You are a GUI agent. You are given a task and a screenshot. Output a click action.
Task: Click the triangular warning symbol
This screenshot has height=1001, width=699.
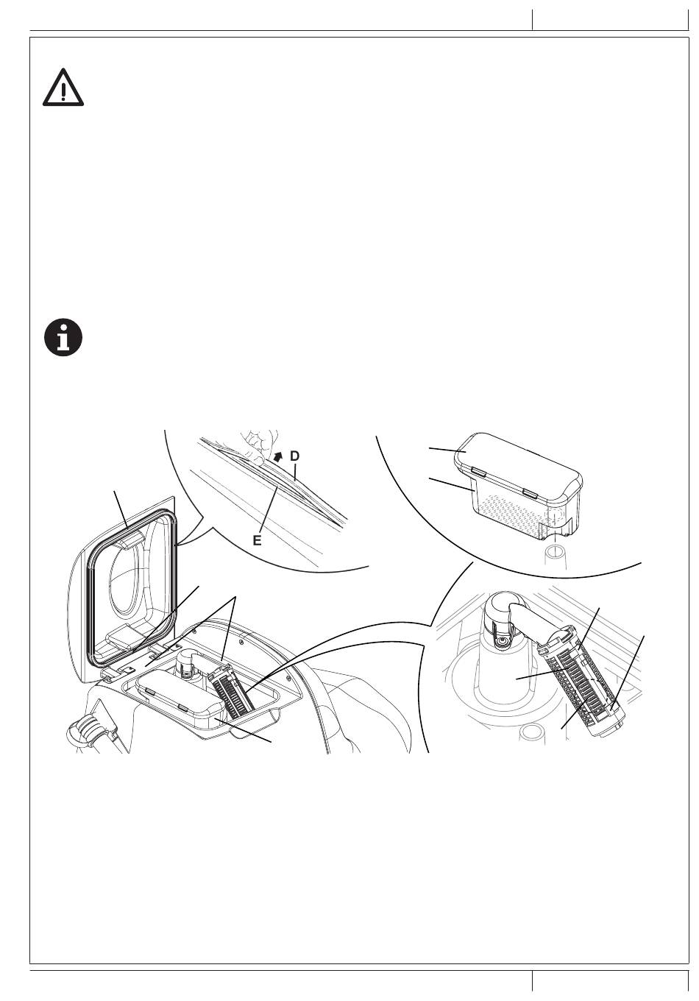pos(63,88)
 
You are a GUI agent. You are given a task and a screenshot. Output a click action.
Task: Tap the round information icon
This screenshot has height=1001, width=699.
pos(63,339)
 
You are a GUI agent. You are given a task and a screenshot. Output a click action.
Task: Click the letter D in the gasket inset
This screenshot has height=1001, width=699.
pos(294,456)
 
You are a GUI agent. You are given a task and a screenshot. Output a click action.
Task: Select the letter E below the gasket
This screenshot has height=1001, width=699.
pos(258,540)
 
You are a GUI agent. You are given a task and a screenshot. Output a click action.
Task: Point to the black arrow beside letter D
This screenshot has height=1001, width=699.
pos(277,458)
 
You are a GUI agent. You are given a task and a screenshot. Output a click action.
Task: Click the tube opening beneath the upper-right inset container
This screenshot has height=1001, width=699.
pos(555,551)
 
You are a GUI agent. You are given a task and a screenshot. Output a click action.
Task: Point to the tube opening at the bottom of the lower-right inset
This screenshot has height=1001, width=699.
pos(533,732)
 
